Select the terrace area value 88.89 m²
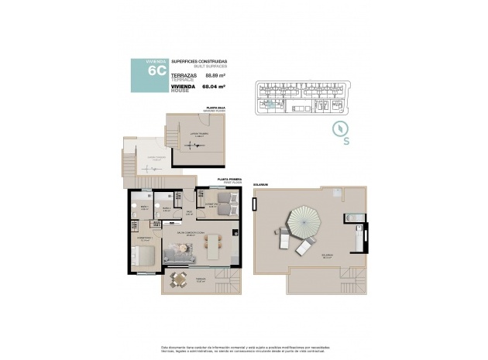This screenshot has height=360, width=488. [x=215, y=76]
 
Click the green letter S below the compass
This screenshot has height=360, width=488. [x=346, y=141]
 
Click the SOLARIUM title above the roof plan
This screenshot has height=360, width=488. [x=259, y=184]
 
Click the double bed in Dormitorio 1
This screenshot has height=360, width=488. [x=146, y=255]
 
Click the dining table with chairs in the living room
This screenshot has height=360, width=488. [x=213, y=247]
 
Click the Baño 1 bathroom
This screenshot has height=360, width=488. [x=144, y=210]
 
